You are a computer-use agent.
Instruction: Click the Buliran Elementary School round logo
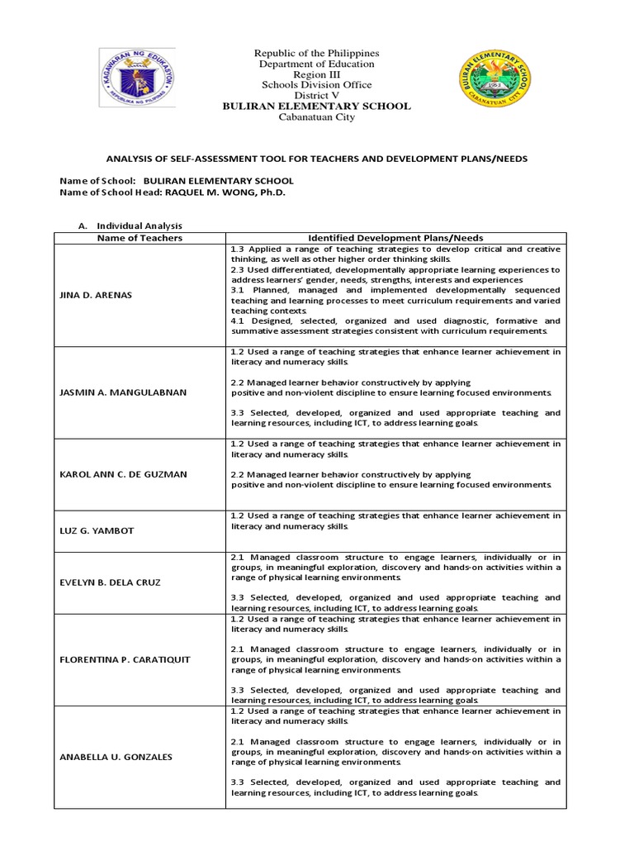click(x=494, y=83)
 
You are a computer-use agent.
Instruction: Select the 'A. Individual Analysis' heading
click(x=130, y=226)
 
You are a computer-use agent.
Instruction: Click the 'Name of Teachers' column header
click(x=140, y=238)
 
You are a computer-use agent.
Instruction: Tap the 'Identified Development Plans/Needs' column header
click(x=395, y=238)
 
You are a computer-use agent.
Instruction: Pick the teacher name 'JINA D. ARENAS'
click(x=95, y=295)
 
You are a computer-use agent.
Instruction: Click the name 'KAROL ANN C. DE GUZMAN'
click(x=124, y=474)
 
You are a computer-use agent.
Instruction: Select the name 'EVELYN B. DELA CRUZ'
click(x=110, y=582)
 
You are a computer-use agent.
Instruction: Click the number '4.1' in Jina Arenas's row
click(x=239, y=321)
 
